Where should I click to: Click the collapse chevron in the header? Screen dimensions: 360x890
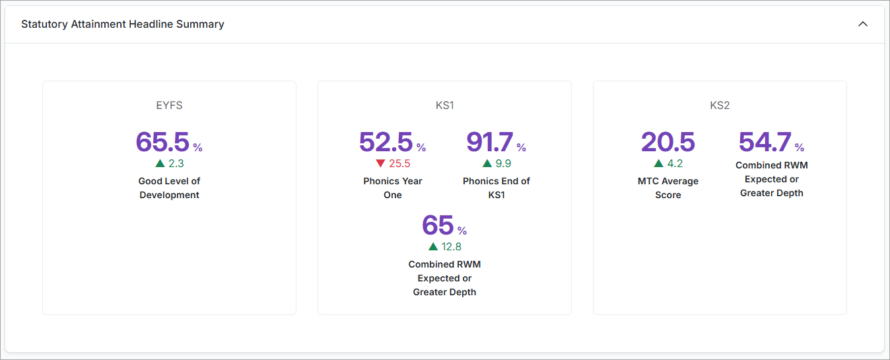point(862,24)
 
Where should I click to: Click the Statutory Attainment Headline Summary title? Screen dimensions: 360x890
point(123,24)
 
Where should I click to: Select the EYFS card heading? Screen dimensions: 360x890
point(169,105)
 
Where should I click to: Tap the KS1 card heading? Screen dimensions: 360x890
point(444,105)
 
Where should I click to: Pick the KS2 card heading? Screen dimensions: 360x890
point(720,105)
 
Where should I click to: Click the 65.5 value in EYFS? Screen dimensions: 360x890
point(162,143)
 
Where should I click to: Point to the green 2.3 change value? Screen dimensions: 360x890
point(176,163)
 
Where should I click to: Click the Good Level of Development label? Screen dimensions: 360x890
point(169,188)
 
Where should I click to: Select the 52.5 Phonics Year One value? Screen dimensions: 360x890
point(386,143)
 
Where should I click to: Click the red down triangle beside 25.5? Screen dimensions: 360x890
point(380,163)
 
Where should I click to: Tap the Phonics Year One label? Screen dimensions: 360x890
point(393,188)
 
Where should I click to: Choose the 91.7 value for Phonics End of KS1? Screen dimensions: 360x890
point(489,143)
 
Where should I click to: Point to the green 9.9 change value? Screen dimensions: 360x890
point(503,163)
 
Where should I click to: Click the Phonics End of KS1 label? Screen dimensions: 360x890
point(496,188)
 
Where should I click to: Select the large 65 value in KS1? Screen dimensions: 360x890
point(438,226)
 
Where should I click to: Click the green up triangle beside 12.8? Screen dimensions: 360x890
point(433,246)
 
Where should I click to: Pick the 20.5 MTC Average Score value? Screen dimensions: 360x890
point(668,143)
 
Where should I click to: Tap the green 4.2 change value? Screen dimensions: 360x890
point(675,163)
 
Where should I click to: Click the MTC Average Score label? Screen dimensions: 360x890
point(668,188)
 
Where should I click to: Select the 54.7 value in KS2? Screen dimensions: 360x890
point(765,143)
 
